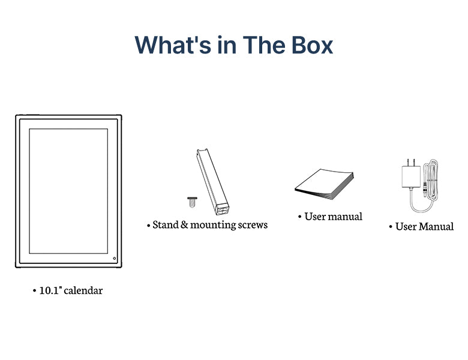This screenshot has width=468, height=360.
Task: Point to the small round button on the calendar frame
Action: [115, 258]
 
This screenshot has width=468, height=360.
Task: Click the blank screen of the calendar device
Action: [68, 191]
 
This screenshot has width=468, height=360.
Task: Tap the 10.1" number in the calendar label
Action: [50, 290]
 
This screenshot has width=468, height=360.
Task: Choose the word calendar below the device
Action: [83, 290]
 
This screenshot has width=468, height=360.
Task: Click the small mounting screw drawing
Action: [192, 202]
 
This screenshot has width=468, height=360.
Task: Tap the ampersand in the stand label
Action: [184, 225]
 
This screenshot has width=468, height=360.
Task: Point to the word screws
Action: [253, 225]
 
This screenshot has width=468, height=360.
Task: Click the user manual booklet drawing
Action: [325, 184]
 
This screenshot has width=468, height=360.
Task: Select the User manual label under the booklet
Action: [334, 217]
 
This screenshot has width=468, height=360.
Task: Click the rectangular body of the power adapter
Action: [411, 177]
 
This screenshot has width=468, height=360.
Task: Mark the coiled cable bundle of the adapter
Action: [430, 179]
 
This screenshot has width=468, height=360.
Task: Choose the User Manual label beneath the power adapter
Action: [424, 227]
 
